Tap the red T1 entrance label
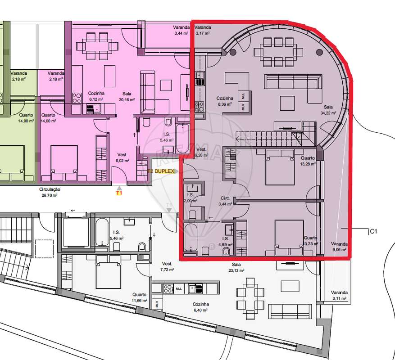(119, 193)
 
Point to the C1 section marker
(373, 232)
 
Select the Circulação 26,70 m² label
(50, 193)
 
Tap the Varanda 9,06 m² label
(339, 246)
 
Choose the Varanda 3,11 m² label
(339, 295)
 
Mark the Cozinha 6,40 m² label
(201, 307)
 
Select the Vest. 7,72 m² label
(167, 266)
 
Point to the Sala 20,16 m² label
(127, 96)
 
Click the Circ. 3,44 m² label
(225, 201)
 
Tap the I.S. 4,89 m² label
(224, 241)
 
